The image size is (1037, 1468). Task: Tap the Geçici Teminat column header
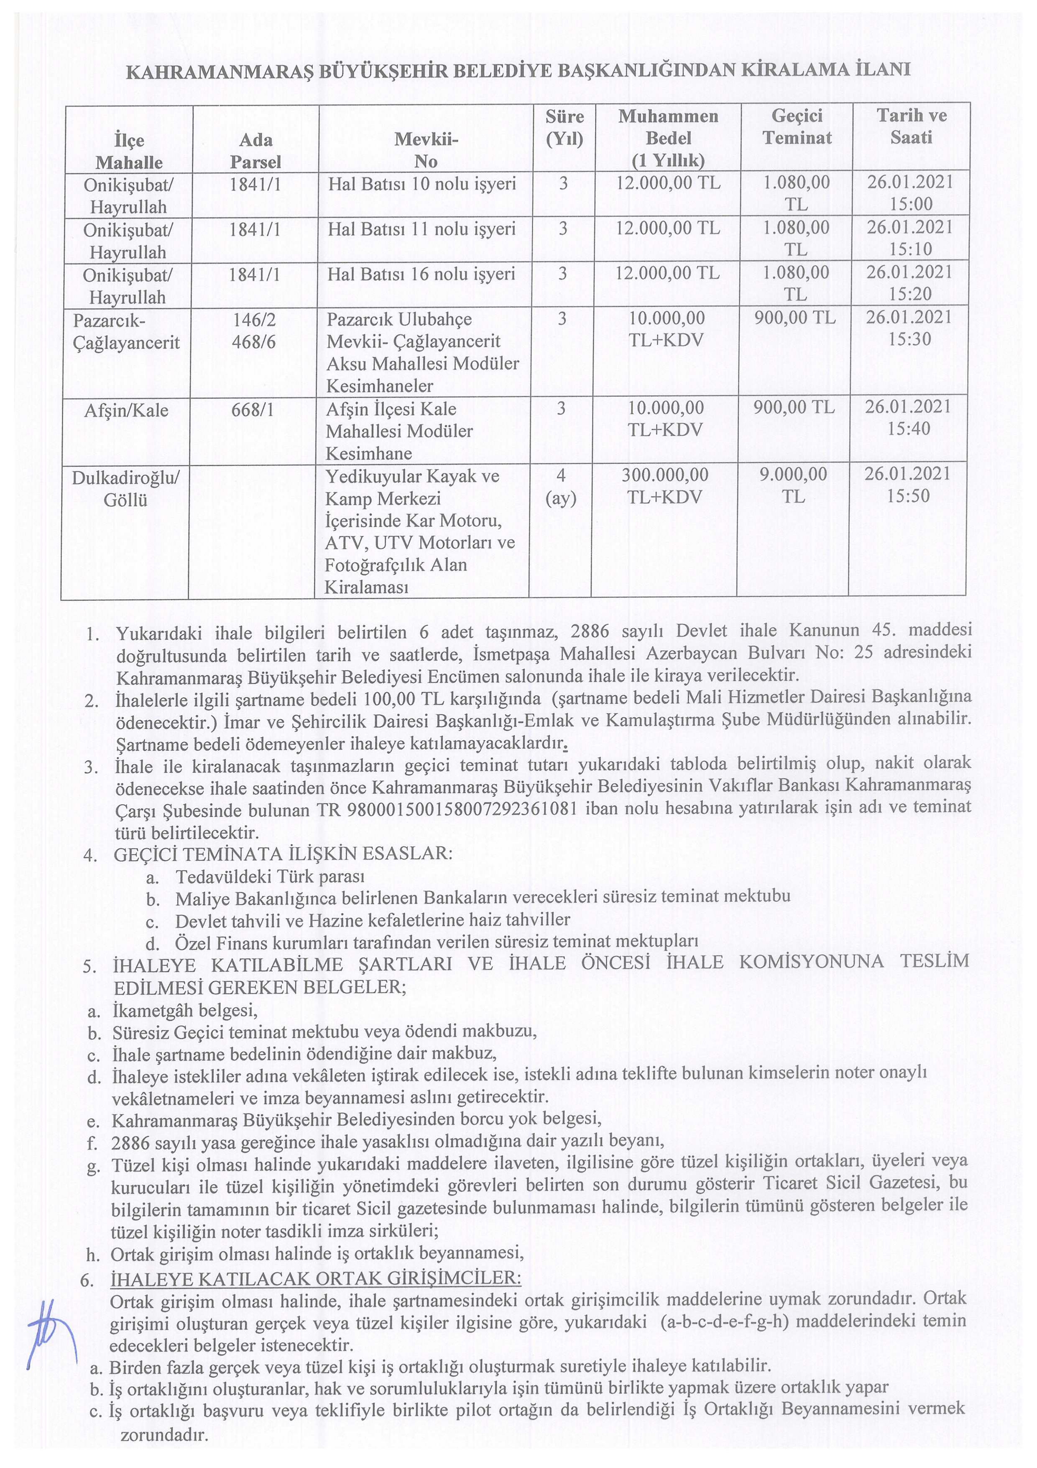click(797, 127)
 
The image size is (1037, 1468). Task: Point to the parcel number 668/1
click(253, 410)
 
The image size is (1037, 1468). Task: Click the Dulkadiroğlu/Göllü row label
click(126, 488)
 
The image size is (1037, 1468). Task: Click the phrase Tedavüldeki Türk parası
click(270, 877)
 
